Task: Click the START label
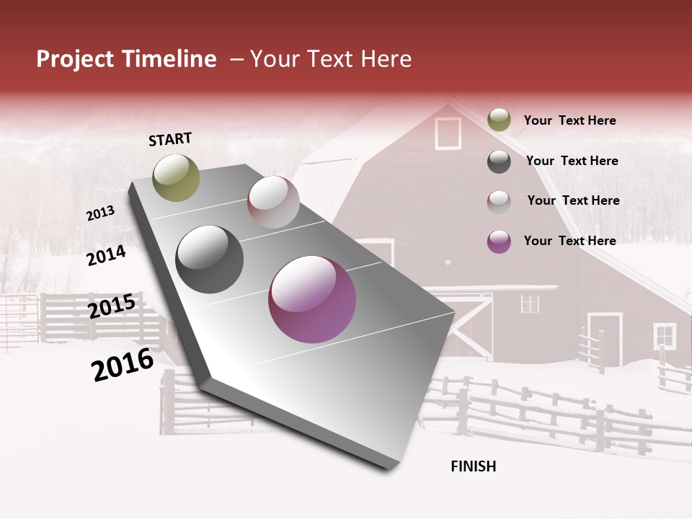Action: coord(170,139)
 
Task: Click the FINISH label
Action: coord(473,466)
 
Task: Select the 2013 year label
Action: coord(100,213)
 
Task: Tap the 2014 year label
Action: coord(106,255)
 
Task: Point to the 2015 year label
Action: coord(111,306)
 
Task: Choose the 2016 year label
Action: coord(123,365)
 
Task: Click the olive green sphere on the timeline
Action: coord(176,177)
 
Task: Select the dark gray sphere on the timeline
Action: coord(209,259)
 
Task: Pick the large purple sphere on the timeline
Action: coord(311,299)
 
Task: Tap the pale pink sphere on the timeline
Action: coord(273,202)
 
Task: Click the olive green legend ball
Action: coord(499,120)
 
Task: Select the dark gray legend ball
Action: coord(499,161)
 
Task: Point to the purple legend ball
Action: coord(499,241)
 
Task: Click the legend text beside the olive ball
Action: coord(569,121)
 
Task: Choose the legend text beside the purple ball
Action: coord(569,241)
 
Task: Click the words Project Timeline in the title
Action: coord(126,59)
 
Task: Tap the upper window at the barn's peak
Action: coord(448,133)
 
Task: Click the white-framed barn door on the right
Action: coord(604,339)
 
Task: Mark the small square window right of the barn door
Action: coord(664,336)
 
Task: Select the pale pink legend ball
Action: coord(499,202)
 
